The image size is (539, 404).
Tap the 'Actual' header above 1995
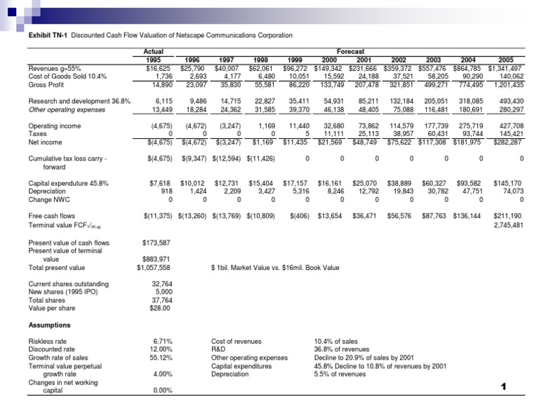154,51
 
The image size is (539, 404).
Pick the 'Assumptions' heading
50,325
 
